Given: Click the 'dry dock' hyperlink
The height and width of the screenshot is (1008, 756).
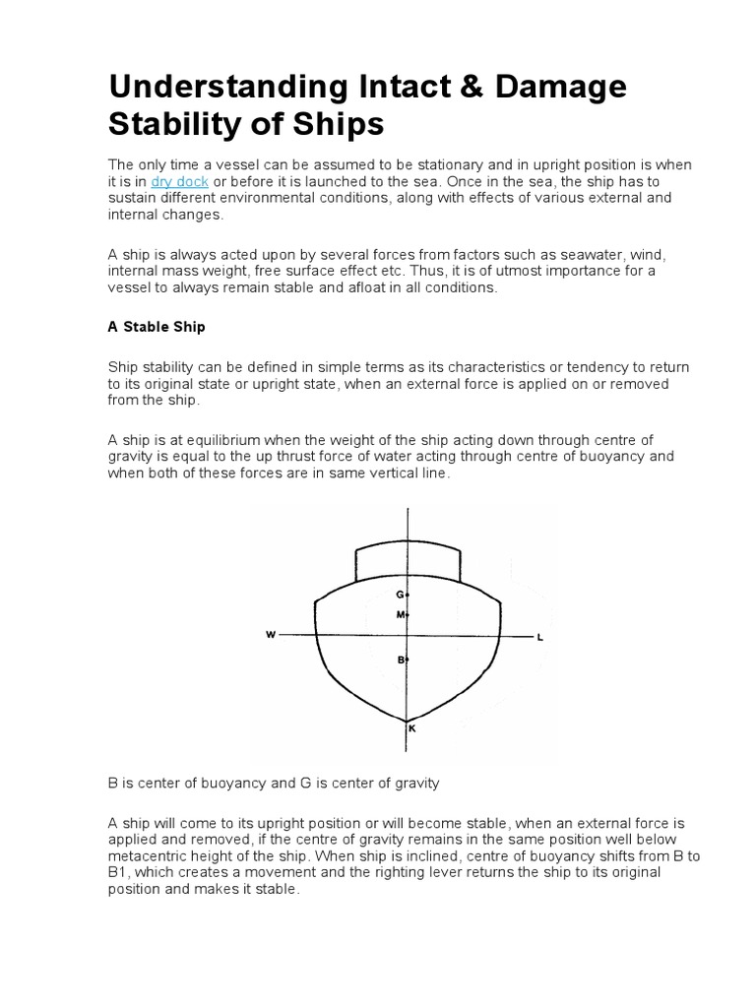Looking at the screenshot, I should click(179, 181).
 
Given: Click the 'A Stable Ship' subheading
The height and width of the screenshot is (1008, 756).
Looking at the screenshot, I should click(156, 326).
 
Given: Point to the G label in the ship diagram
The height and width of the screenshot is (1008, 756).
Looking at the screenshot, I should click(400, 595).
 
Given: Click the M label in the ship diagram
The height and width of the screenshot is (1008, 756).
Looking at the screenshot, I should click(400, 614).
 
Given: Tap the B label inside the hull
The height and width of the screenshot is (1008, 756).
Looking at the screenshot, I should click(401, 660).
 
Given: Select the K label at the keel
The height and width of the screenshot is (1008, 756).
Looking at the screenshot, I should click(411, 729).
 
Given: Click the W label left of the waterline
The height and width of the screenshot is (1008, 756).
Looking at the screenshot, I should click(271, 635).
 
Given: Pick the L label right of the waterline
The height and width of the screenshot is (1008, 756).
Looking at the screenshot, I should click(539, 637).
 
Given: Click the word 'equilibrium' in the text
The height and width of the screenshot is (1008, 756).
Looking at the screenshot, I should click(214, 439).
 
